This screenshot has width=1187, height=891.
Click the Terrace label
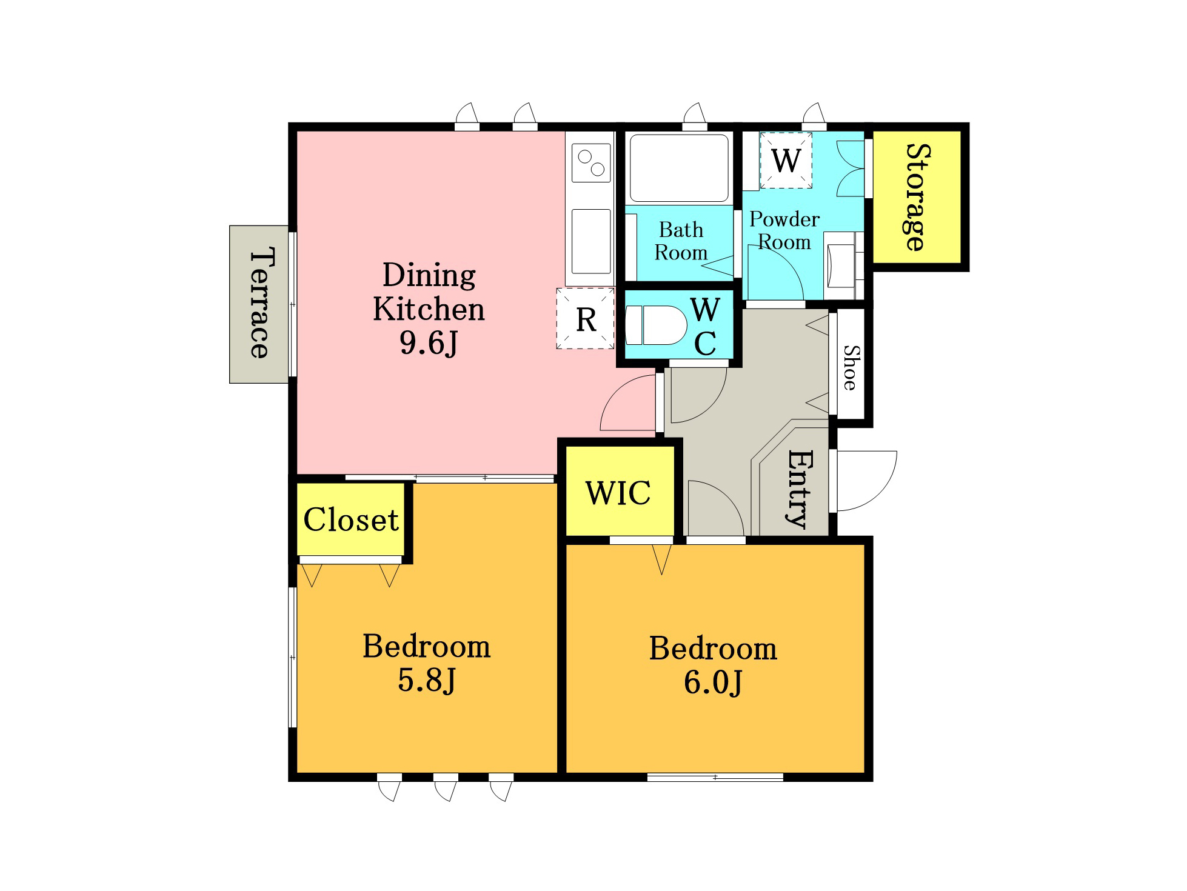259,303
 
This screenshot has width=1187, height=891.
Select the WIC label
618,493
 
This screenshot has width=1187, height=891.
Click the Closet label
351,519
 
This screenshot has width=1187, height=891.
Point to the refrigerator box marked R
586,319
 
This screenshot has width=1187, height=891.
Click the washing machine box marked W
786,161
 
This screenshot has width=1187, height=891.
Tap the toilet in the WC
656,325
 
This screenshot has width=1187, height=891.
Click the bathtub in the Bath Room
679,168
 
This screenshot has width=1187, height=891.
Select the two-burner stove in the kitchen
591,162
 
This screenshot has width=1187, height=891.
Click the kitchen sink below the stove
591,241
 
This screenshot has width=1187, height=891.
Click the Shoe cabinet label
851,368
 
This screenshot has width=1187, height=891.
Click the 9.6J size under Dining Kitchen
429,343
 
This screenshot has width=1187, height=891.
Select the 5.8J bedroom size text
427,680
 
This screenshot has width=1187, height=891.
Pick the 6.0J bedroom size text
713,682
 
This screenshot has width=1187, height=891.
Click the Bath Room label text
681,241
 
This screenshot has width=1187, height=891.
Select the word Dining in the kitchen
429,276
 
